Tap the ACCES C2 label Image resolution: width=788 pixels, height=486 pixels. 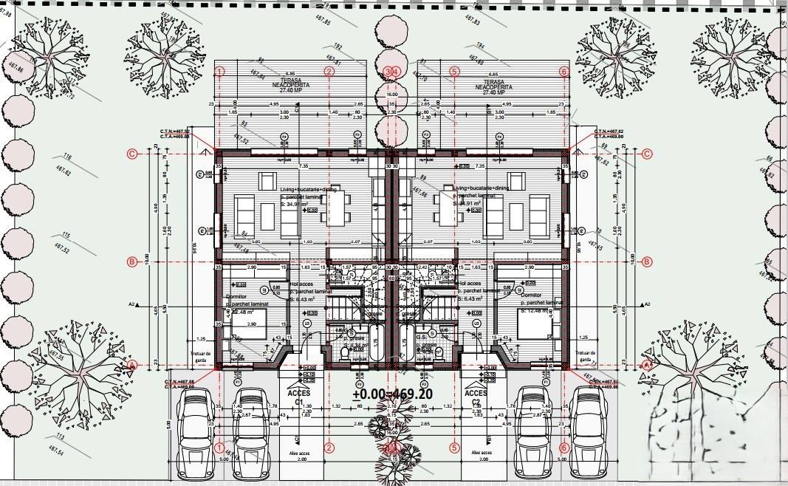(475, 397)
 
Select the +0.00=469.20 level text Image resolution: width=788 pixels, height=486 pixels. (393, 394)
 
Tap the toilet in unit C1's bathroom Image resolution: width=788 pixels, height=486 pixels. (344, 353)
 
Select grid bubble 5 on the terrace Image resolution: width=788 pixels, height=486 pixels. (454, 72)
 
